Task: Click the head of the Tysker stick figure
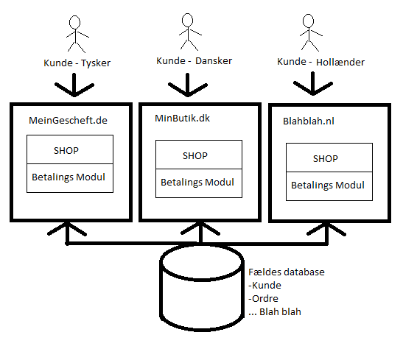pos(75,22)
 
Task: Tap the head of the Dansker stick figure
pos(188,20)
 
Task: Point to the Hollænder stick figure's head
pos(308,21)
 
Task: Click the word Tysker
pos(96,63)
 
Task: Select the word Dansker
pos(214,61)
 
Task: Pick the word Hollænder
pos(340,62)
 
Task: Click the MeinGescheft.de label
pos(68,121)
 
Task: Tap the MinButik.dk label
pos(182,118)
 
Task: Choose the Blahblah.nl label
pos(309,121)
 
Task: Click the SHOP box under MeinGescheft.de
pos(70,149)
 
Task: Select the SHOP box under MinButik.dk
pos(199,155)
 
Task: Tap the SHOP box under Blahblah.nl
pos(329,158)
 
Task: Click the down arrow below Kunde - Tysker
pos(74,85)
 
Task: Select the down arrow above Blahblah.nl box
pos(313,84)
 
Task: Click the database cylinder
pos(202,288)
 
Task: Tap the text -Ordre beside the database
pos(264,299)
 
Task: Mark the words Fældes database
pos(287,272)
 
